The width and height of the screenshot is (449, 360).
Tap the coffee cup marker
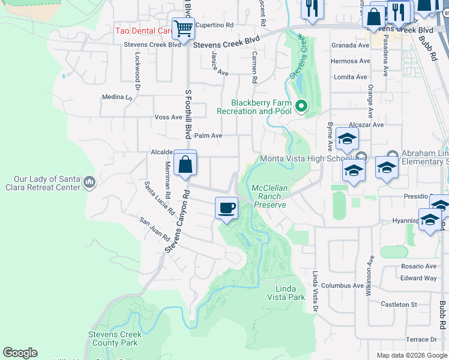226,208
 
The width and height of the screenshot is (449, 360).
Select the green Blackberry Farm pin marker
301,107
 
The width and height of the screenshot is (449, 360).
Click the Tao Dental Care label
144,31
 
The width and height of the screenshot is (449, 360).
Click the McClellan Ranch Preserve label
270,196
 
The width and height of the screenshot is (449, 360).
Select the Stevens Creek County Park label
115,339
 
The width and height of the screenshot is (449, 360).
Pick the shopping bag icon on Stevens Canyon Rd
185,163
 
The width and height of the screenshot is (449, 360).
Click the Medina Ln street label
116,97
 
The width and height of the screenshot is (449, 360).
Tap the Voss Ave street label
167,117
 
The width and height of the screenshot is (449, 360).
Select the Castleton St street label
400,305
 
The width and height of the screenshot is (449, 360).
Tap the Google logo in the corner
20,353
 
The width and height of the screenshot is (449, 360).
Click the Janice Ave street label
220,64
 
